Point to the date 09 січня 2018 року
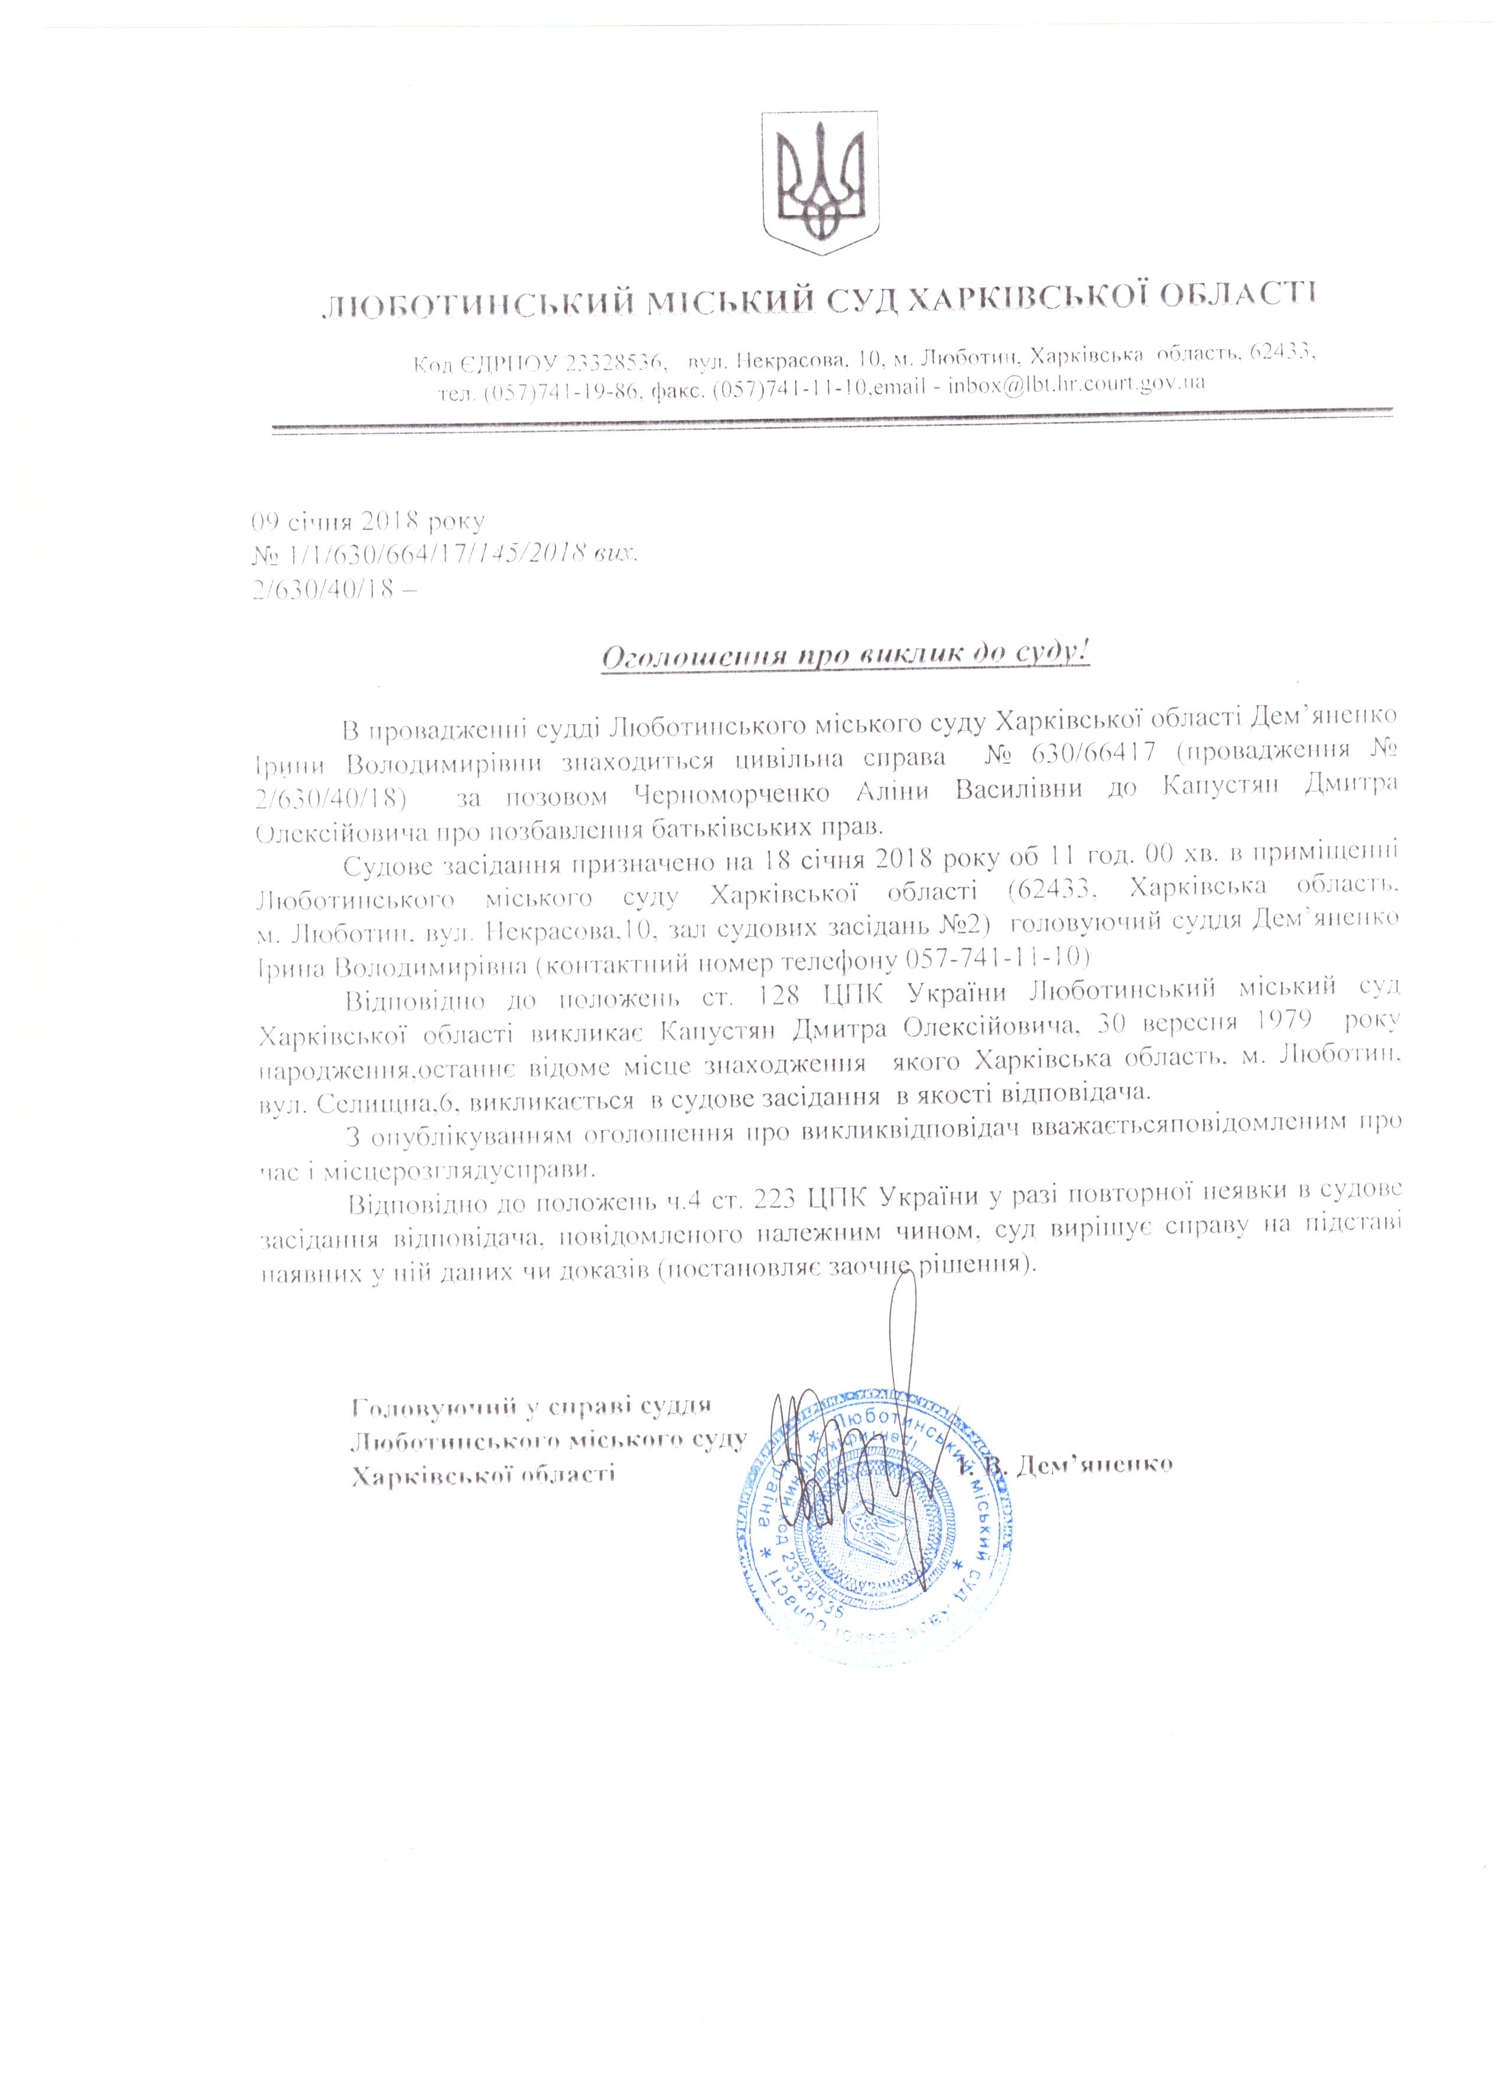point(368,522)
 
